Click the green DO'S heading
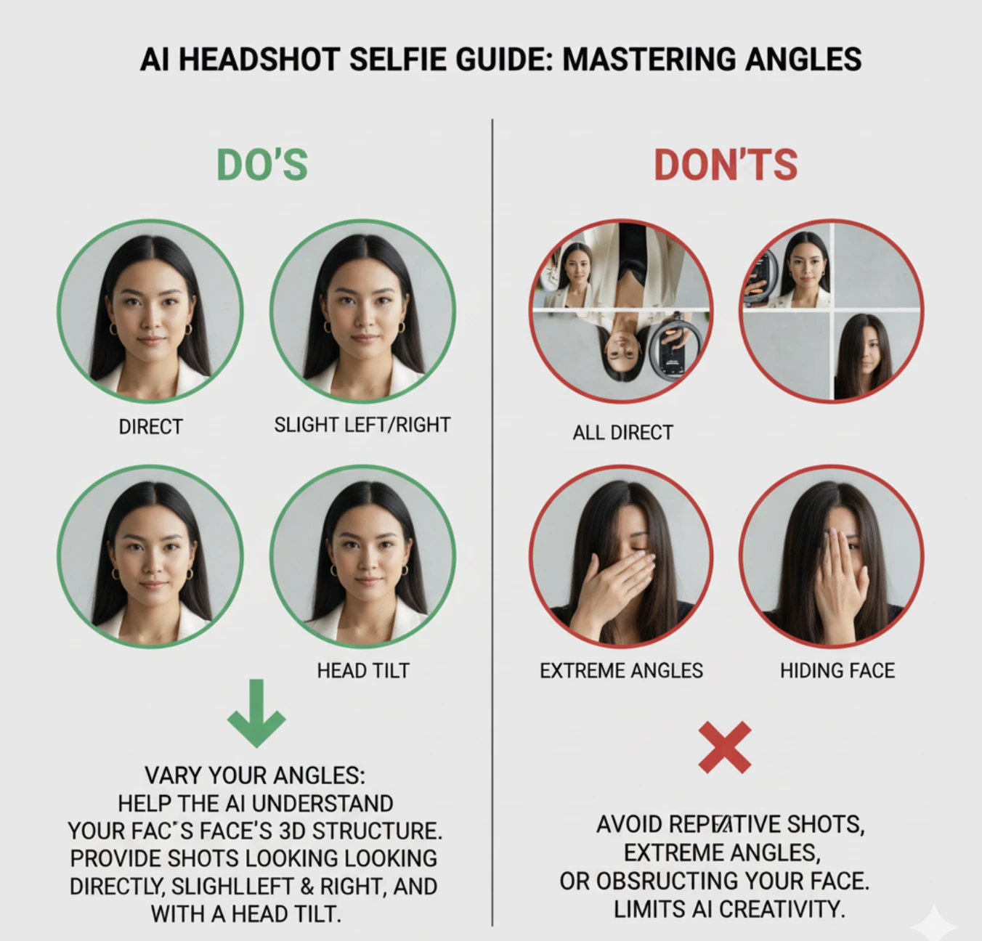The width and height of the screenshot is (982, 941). point(262,165)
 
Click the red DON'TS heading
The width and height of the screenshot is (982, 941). point(726,165)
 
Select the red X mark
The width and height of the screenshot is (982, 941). point(724,746)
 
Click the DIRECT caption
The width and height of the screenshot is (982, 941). point(150,426)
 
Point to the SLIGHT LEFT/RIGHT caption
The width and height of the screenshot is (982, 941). point(362,425)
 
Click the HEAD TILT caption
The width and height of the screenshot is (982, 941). point(362,670)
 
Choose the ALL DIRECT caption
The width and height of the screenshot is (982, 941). point(622,433)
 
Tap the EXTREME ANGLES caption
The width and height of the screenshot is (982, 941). point(621,670)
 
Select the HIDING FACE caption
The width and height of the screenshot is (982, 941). point(837,670)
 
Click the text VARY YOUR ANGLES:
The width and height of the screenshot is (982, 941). point(255,775)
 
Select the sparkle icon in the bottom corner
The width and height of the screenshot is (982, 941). point(935,924)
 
